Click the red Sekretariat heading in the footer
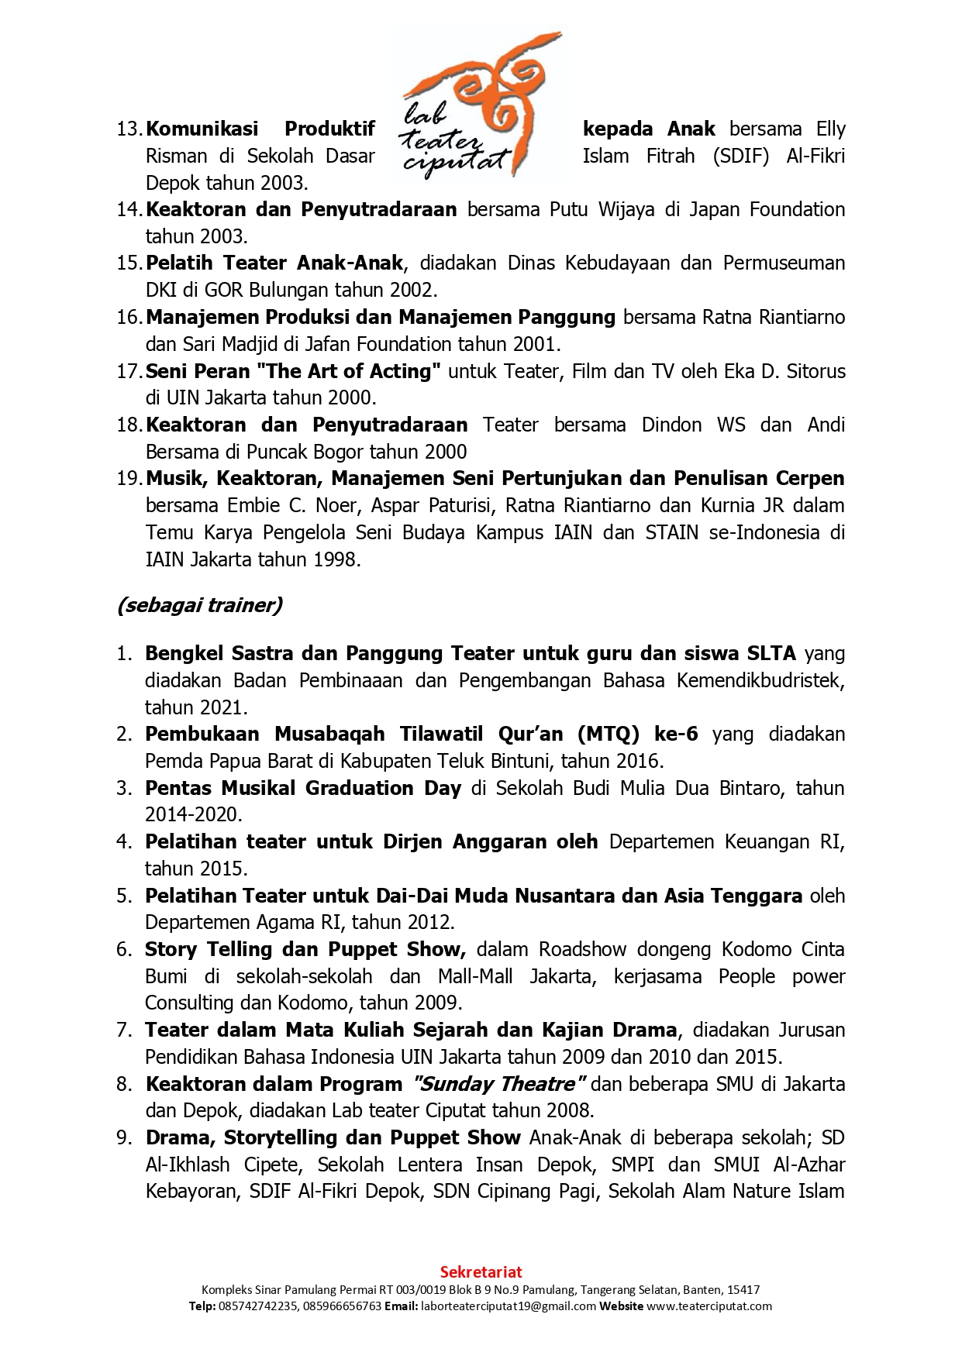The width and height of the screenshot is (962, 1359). point(481,1271)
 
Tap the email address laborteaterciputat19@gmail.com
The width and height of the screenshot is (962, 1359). point(508,1306)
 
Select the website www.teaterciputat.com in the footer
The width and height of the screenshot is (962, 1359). point(709,1306)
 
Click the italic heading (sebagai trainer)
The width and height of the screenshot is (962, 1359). point(199,605)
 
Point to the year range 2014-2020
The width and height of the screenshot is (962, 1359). point(193,814)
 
